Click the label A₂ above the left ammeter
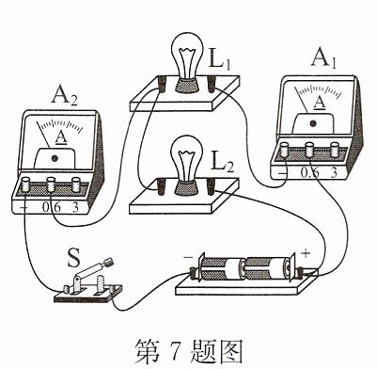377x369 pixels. point(64,96)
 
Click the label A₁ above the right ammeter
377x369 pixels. point(323,58)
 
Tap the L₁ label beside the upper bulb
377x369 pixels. point(220,58)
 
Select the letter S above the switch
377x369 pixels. point(74,258)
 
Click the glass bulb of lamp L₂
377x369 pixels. point(187,159)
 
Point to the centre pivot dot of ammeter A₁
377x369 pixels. point(312,123)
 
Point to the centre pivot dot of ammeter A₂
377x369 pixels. point(55,158)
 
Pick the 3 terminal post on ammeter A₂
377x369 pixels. point(76,184)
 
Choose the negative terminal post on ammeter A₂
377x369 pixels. point(24,184)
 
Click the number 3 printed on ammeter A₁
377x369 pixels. point(334,172)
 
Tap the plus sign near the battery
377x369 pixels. point(306,253)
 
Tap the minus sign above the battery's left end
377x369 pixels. point(188,257)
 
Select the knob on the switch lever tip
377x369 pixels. point(108,262)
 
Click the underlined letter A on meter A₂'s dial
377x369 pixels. point(61,137)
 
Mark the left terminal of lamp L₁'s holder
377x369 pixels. point(163,84)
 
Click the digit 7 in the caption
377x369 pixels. point(174,350)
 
